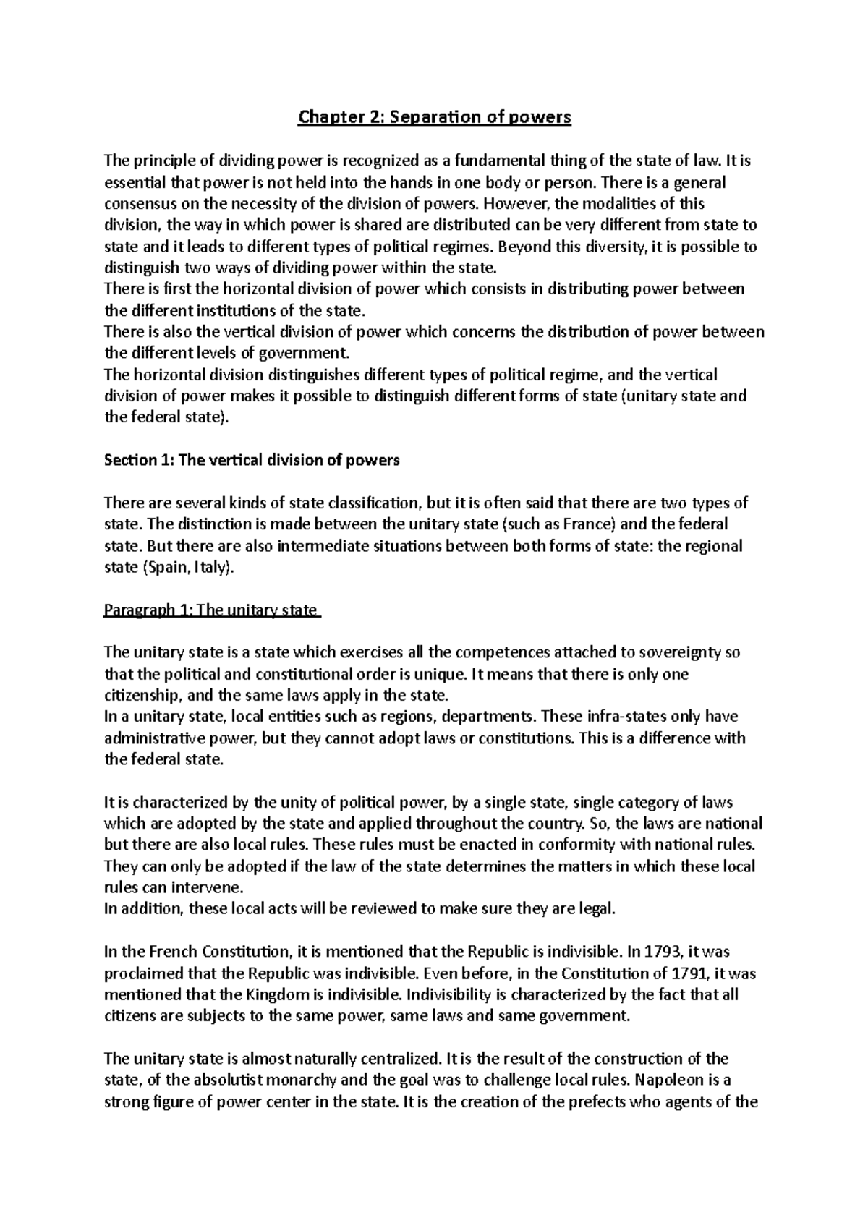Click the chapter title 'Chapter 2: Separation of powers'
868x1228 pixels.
click(x=435, y=117)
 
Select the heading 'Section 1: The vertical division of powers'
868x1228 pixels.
click(x=252, y=460)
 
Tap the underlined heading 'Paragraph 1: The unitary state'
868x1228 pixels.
click(x=211, y=610)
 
